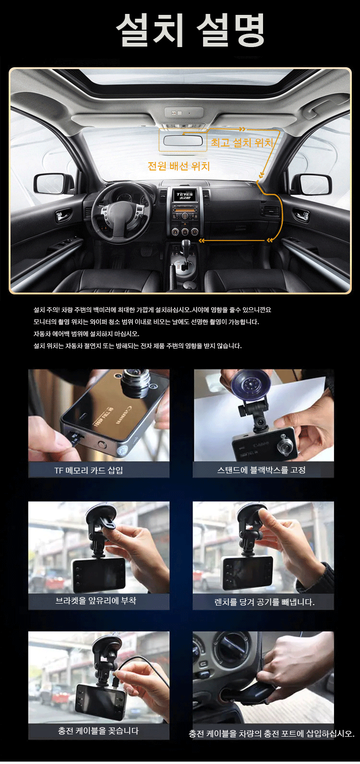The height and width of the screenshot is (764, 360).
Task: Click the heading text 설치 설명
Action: (x=190, y=30)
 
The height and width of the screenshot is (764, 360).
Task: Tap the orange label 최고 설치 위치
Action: (x=242, y=143)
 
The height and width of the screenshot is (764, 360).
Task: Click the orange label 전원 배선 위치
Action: (x=179, y=166)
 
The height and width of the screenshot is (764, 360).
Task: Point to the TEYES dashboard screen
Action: (x=184, y=196)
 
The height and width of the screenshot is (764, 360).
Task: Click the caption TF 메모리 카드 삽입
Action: (x=89, y=470)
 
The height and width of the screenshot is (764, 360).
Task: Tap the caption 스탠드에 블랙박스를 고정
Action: (x=262, y=470)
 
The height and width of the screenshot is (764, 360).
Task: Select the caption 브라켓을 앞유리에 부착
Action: (x=96, y=600)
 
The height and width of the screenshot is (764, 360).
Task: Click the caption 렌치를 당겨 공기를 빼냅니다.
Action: (x=264, y=602)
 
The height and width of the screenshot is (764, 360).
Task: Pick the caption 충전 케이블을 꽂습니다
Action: (x=98, y=731)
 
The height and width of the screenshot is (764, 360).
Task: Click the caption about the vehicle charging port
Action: (x=272, y=734)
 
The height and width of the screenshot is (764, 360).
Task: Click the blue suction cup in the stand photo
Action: (x=250, y=386)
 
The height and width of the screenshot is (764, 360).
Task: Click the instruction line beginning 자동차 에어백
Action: (x=86, y=334)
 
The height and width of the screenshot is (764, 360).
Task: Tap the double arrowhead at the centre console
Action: (x=202, y=241)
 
